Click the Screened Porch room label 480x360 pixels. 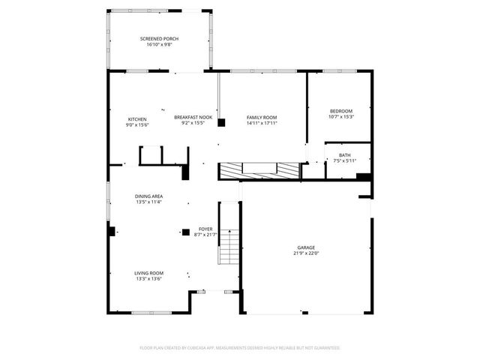[x=159, y=39]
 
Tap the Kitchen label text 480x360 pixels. [x=136, y=119]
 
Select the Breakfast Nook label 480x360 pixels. [x=193, y=117]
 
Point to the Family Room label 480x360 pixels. [x=262, y=118]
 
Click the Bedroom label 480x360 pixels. [x=340, y=111]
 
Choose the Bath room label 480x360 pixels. [x=344, y=154]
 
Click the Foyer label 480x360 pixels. [x=205, y=229]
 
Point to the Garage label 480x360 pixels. [x=305, y=247]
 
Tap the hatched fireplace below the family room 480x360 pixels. [x=259, y=170]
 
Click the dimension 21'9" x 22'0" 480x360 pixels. [x=305, y=253]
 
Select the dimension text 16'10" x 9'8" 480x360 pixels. [x=159, y=45]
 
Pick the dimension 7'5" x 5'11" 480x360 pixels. [x=344, y=160]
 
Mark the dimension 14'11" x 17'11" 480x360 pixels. [x=262, y=124]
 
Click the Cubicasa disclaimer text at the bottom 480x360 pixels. [x=240, y=347]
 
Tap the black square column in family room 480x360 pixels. [x=222, y=123]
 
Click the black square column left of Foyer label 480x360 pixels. [x=185, y=232]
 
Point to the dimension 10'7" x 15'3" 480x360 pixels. [x=340, y=117]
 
